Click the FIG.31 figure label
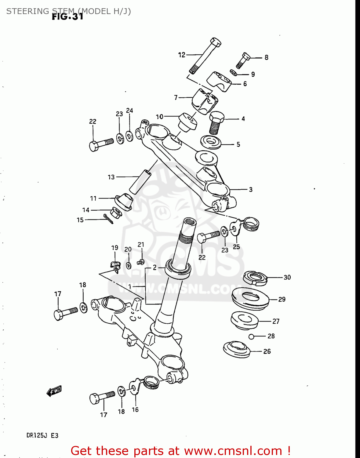tap(67, 16)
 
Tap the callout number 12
tap(182, 55)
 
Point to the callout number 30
tap(287, 277)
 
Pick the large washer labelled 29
tap(250, 298)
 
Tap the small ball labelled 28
tap(251, 337)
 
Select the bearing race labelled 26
tap(237, 350)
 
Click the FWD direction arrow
tap(54, 391)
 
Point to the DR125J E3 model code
tap(42, 435)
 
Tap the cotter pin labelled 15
tap(108, 219)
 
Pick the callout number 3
tap(250, 190)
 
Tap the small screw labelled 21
tap(141, 262)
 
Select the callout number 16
tap(135, 410)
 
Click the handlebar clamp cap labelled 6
tap(220, 81)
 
